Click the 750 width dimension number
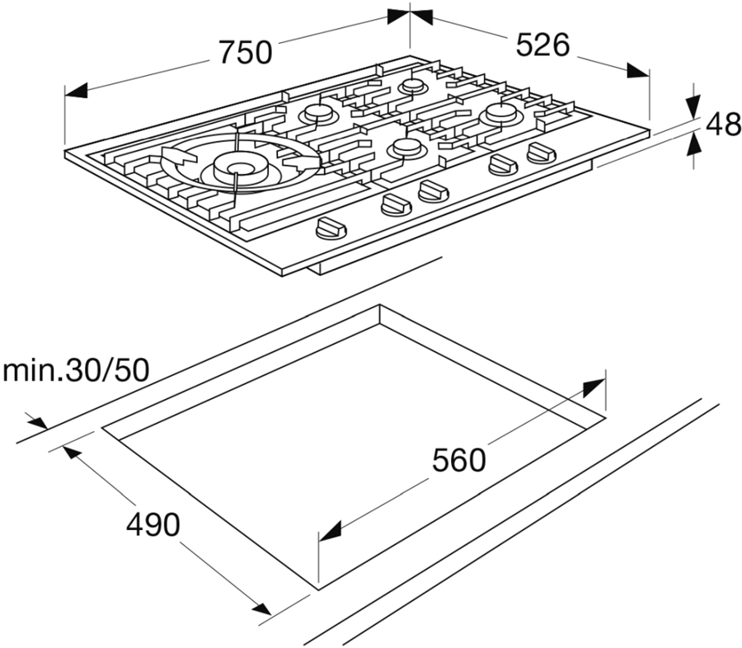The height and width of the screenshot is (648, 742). pos(246,52)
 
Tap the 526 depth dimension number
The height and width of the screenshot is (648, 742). pos(542,45)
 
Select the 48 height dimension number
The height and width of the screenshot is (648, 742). pos(723,124)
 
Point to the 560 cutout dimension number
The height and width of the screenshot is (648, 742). pos(459,460)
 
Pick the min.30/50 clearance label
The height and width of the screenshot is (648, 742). pos(76,371)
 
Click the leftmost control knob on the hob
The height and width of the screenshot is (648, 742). pos(331,228)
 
